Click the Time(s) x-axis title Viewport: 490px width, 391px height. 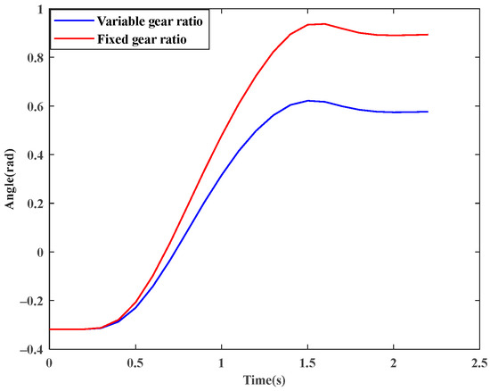264,379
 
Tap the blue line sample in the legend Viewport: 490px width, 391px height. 74,20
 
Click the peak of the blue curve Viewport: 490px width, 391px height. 307,101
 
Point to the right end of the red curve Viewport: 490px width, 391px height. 428,35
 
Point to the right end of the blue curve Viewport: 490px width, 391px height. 428,112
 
